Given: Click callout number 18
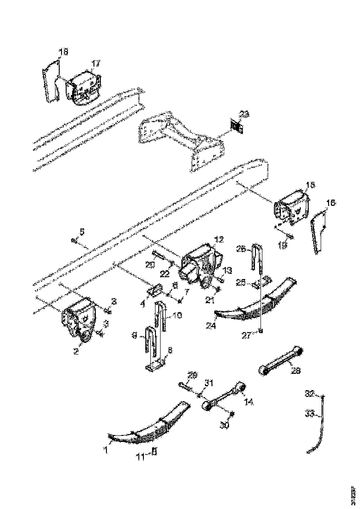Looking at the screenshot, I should tap(63, 52).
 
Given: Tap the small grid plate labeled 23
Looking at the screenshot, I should tap(237, 125).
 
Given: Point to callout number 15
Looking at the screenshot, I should tap(310, 185).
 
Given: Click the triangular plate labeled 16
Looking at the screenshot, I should tap(318, 231).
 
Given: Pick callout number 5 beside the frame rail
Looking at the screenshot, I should tap(82, 231).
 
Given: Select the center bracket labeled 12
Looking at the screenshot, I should tap(200, 266).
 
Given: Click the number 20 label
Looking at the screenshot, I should tap(150, 265).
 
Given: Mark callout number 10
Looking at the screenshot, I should tap(178, 315).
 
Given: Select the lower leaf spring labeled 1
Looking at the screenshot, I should tap(148, 426).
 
